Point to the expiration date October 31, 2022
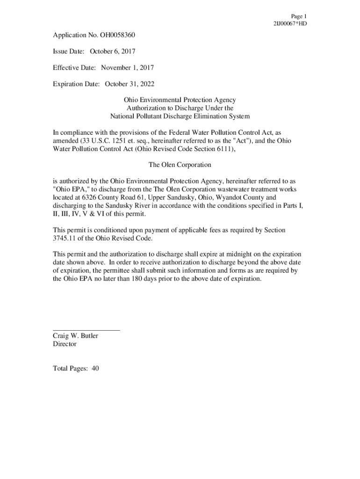[130, 84]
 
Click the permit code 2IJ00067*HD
[290, 23]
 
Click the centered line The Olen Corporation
[180, 165]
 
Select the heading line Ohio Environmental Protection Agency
[180, 100]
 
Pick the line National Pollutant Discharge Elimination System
[180, 116]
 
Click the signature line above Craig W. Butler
[86, 330]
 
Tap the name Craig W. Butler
[75, 336]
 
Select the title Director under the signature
[65, 344]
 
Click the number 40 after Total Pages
[95, 369]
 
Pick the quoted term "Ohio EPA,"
[69, 189]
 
